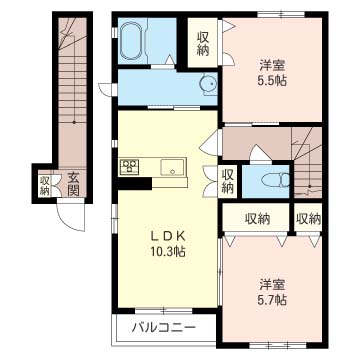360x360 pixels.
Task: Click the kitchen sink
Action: coord(169,167)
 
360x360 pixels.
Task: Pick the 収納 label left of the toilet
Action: coord(228,180)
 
